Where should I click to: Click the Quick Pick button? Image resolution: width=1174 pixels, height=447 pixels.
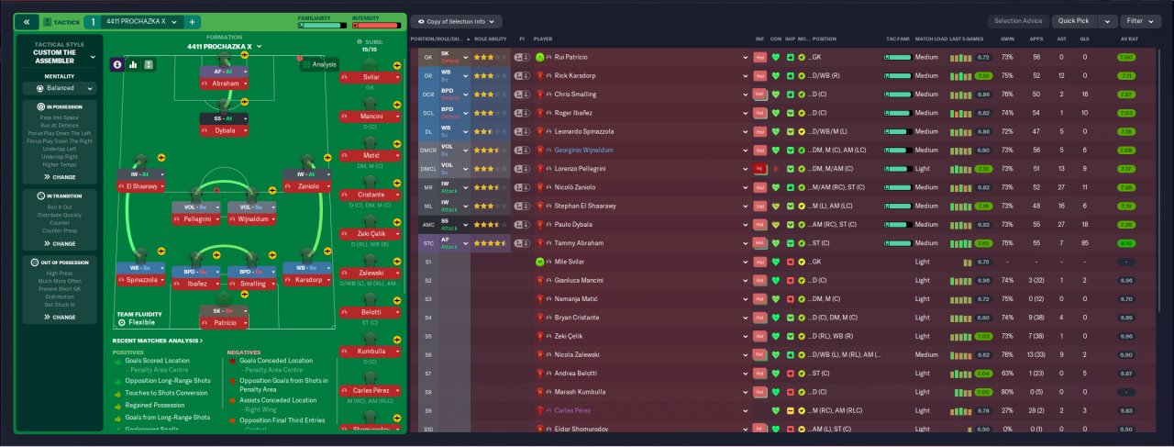point(1074,20)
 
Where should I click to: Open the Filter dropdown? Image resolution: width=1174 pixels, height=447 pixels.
point(1139,20)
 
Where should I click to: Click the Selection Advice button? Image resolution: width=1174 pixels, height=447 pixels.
point(1019,20)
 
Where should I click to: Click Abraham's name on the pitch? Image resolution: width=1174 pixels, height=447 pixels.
point(226,84)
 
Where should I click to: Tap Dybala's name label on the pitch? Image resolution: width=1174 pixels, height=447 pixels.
point(226,131)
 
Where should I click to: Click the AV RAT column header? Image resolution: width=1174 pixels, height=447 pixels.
point(1127,39)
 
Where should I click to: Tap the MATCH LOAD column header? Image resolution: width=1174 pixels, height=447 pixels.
point(931,39)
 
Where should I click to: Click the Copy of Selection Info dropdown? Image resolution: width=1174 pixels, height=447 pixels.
point(456,21)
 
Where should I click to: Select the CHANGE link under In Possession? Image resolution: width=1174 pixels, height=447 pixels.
point(60,176)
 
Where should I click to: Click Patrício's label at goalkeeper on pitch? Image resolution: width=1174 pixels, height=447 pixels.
point(226,323)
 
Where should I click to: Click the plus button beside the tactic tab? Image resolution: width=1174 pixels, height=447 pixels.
point(193,21)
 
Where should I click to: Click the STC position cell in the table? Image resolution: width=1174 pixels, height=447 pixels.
point(427,243)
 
